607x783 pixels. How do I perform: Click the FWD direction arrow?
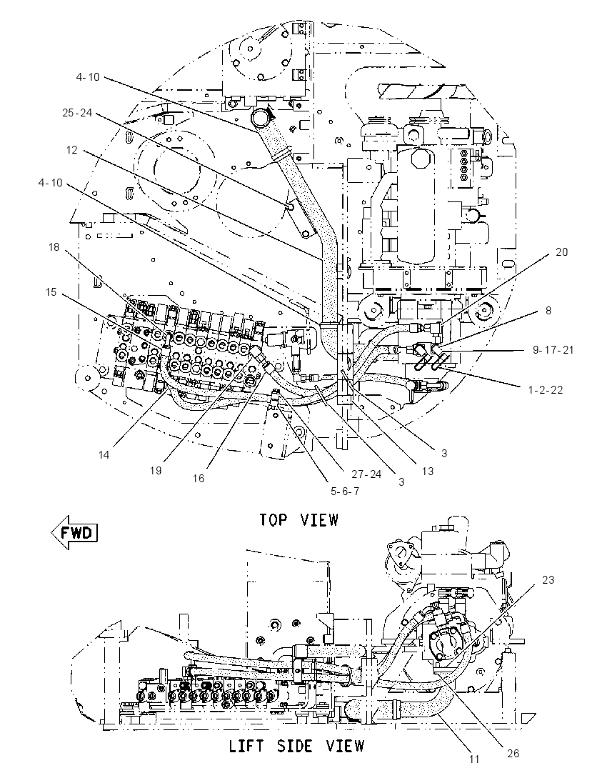coord(74,532)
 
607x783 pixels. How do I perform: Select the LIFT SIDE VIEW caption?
coord(297,746)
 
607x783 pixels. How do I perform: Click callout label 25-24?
coord(77,113)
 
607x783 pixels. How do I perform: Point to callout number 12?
coord(72,150)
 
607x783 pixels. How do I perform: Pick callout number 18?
coord(54,246)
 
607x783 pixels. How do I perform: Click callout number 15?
coord(51,291)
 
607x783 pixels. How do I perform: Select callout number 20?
coord(561,252)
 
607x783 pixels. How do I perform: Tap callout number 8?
coord(548,311)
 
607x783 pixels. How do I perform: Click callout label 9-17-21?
coord(553,349)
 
